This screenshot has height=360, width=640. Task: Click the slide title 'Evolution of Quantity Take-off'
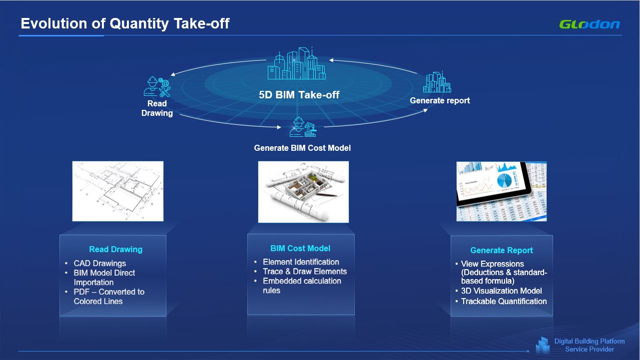click(125, 23)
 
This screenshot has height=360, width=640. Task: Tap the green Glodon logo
click(590, 24)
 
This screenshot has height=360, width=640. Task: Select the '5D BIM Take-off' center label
click(299, 95)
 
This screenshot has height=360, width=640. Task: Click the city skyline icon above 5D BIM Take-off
click(297, 63)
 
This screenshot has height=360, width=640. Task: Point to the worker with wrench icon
click(157, 86)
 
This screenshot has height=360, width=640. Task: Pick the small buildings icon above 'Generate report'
click(437, 82)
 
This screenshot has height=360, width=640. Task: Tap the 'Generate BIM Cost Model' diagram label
click(302, 148)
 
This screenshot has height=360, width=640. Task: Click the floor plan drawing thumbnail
click(118, 191)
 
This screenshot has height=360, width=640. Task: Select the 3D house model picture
click(303, 192)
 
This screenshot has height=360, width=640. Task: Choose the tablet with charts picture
click(502, 192)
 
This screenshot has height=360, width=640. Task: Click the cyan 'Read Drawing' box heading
click(116, 249)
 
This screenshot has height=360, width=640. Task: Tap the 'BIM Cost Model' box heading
click(300, 248)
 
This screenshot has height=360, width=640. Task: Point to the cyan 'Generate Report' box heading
click(502, 250)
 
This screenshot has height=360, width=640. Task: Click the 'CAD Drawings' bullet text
click(100, 263)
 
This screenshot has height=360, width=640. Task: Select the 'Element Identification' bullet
click(301, 262)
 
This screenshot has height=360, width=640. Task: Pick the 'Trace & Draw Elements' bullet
click(305, 271)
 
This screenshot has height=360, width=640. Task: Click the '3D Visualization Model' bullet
click(502, 291)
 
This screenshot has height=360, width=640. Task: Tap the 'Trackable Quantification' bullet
click(504, 301)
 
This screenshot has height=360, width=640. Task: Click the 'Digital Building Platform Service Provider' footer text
click(590, 345)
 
